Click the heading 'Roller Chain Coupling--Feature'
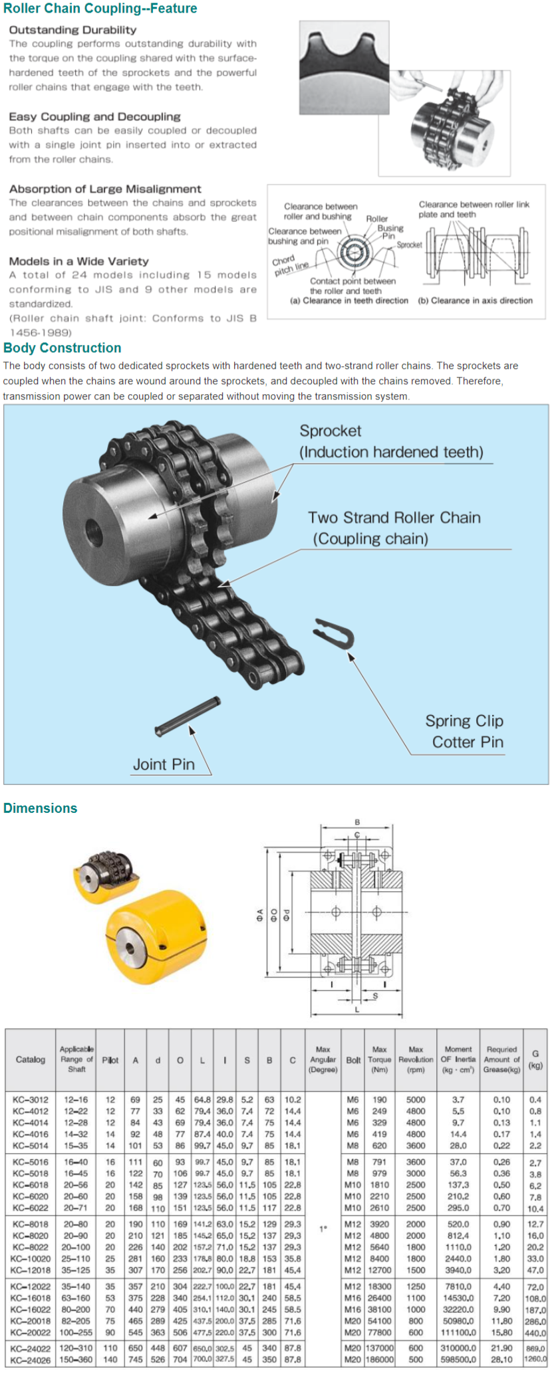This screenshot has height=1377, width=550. point(100,9)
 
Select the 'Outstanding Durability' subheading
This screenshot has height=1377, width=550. point(72,30)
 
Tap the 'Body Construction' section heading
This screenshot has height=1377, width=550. point(63,348)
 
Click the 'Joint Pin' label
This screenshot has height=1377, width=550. point(164,764)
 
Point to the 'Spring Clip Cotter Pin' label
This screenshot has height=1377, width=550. point(465,732)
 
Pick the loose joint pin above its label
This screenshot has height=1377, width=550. point(187,716)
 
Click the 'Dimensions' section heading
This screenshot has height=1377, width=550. point(41,808)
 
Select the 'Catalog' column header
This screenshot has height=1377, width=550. point(31,1059)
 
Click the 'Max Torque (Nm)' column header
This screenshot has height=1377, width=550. point(379,1059)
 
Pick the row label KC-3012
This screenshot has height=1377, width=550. point(31,1100)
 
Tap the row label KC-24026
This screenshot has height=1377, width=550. point(31,1359)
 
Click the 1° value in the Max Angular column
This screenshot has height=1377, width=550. point(323,1229)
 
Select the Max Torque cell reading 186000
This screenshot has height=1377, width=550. point(380,1359)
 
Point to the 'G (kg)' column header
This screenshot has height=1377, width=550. point(535,1059)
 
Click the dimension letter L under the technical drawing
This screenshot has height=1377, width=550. point(357,1010)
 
